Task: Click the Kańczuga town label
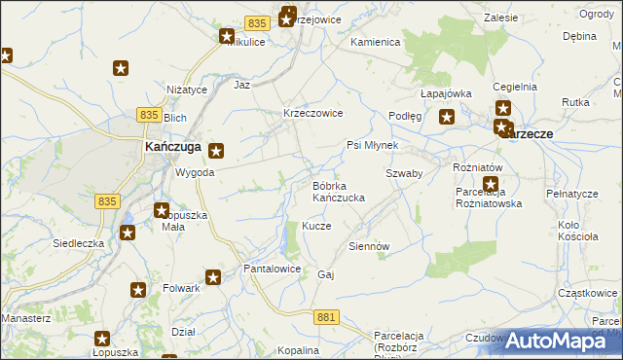[x=171, y=146]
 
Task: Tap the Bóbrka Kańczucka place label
[x=338, y=191]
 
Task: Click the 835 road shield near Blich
[x=149, y=115]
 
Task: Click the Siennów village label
[x=369, y=246]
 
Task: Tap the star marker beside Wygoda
[x=216, y=151]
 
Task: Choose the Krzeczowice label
[x=312, y=113]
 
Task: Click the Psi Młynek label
[x=373, y=145]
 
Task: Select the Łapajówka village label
[x=446, y=93]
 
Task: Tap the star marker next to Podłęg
[x=447, y=118]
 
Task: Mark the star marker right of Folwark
[x=214, y=278]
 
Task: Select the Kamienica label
[x=376, y=43]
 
